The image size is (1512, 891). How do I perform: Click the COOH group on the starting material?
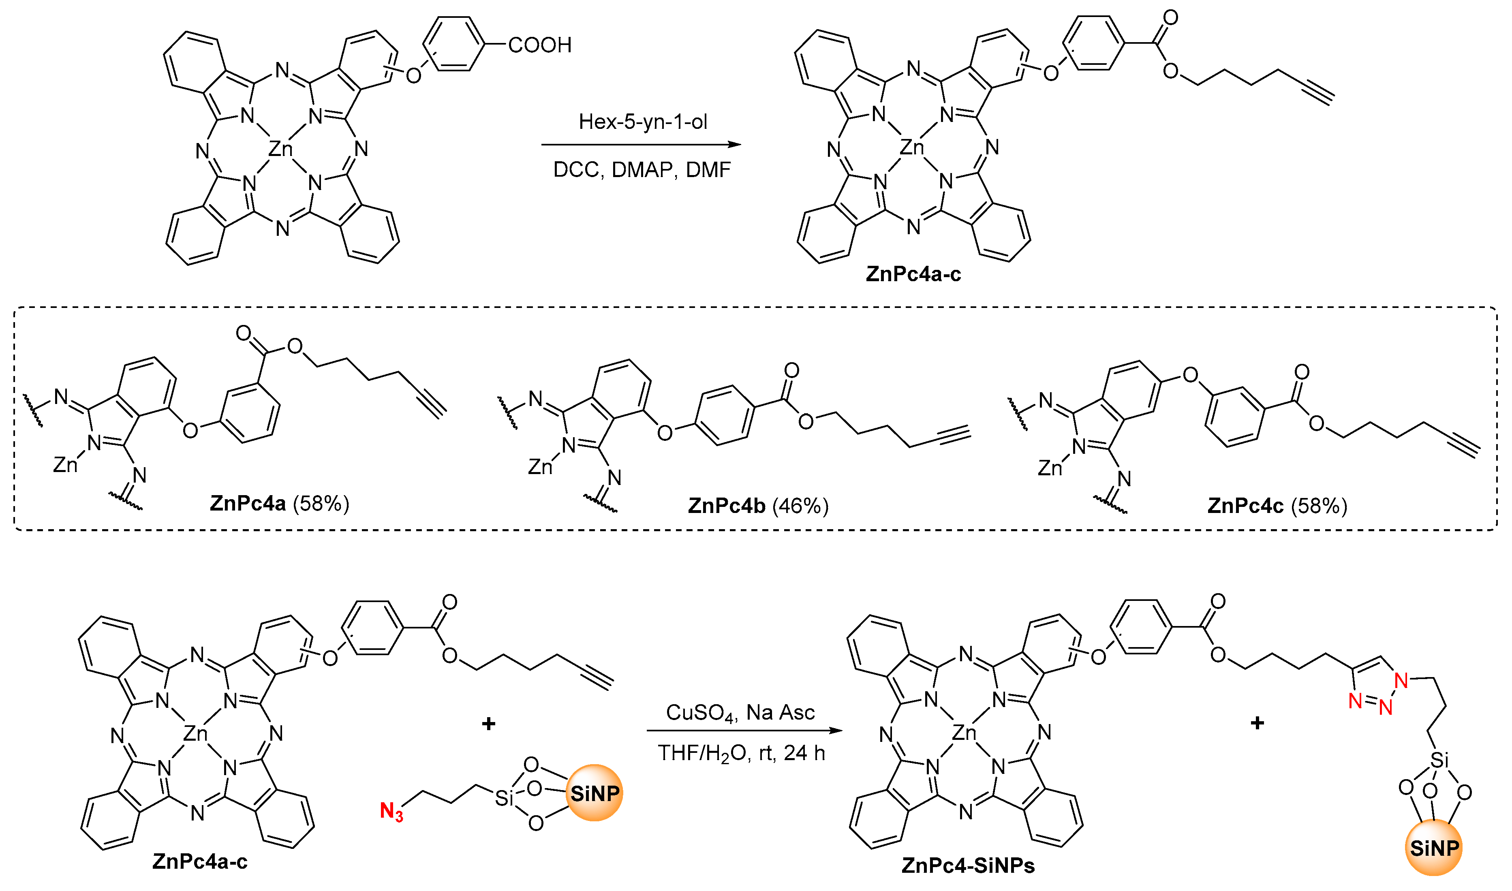(x=539, y=45)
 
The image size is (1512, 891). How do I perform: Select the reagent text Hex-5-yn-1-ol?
(x=642, y=122)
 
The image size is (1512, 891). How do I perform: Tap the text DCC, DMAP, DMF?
(x=641, y=170)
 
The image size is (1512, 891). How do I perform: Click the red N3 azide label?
(x=391, y=812)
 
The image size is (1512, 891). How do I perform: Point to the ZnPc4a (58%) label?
(x=279, y=503)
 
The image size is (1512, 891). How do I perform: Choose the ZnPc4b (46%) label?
(x=758, y=506)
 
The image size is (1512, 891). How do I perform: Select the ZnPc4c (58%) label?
(x=1277, y=506)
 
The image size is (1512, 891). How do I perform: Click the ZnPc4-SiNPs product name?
(x=968, y=865)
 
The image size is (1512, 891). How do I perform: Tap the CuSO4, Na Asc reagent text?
(x=740, y=713)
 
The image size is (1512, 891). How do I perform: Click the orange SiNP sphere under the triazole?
(x=1434, y=848)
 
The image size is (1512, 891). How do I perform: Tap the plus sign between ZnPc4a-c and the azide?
(x=488, y=724)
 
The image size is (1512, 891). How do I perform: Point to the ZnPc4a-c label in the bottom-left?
(x=199, y=861)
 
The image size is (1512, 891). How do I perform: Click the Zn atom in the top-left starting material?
(x=280, y=148)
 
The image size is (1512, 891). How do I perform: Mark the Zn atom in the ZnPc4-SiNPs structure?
(x=964, y=733)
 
